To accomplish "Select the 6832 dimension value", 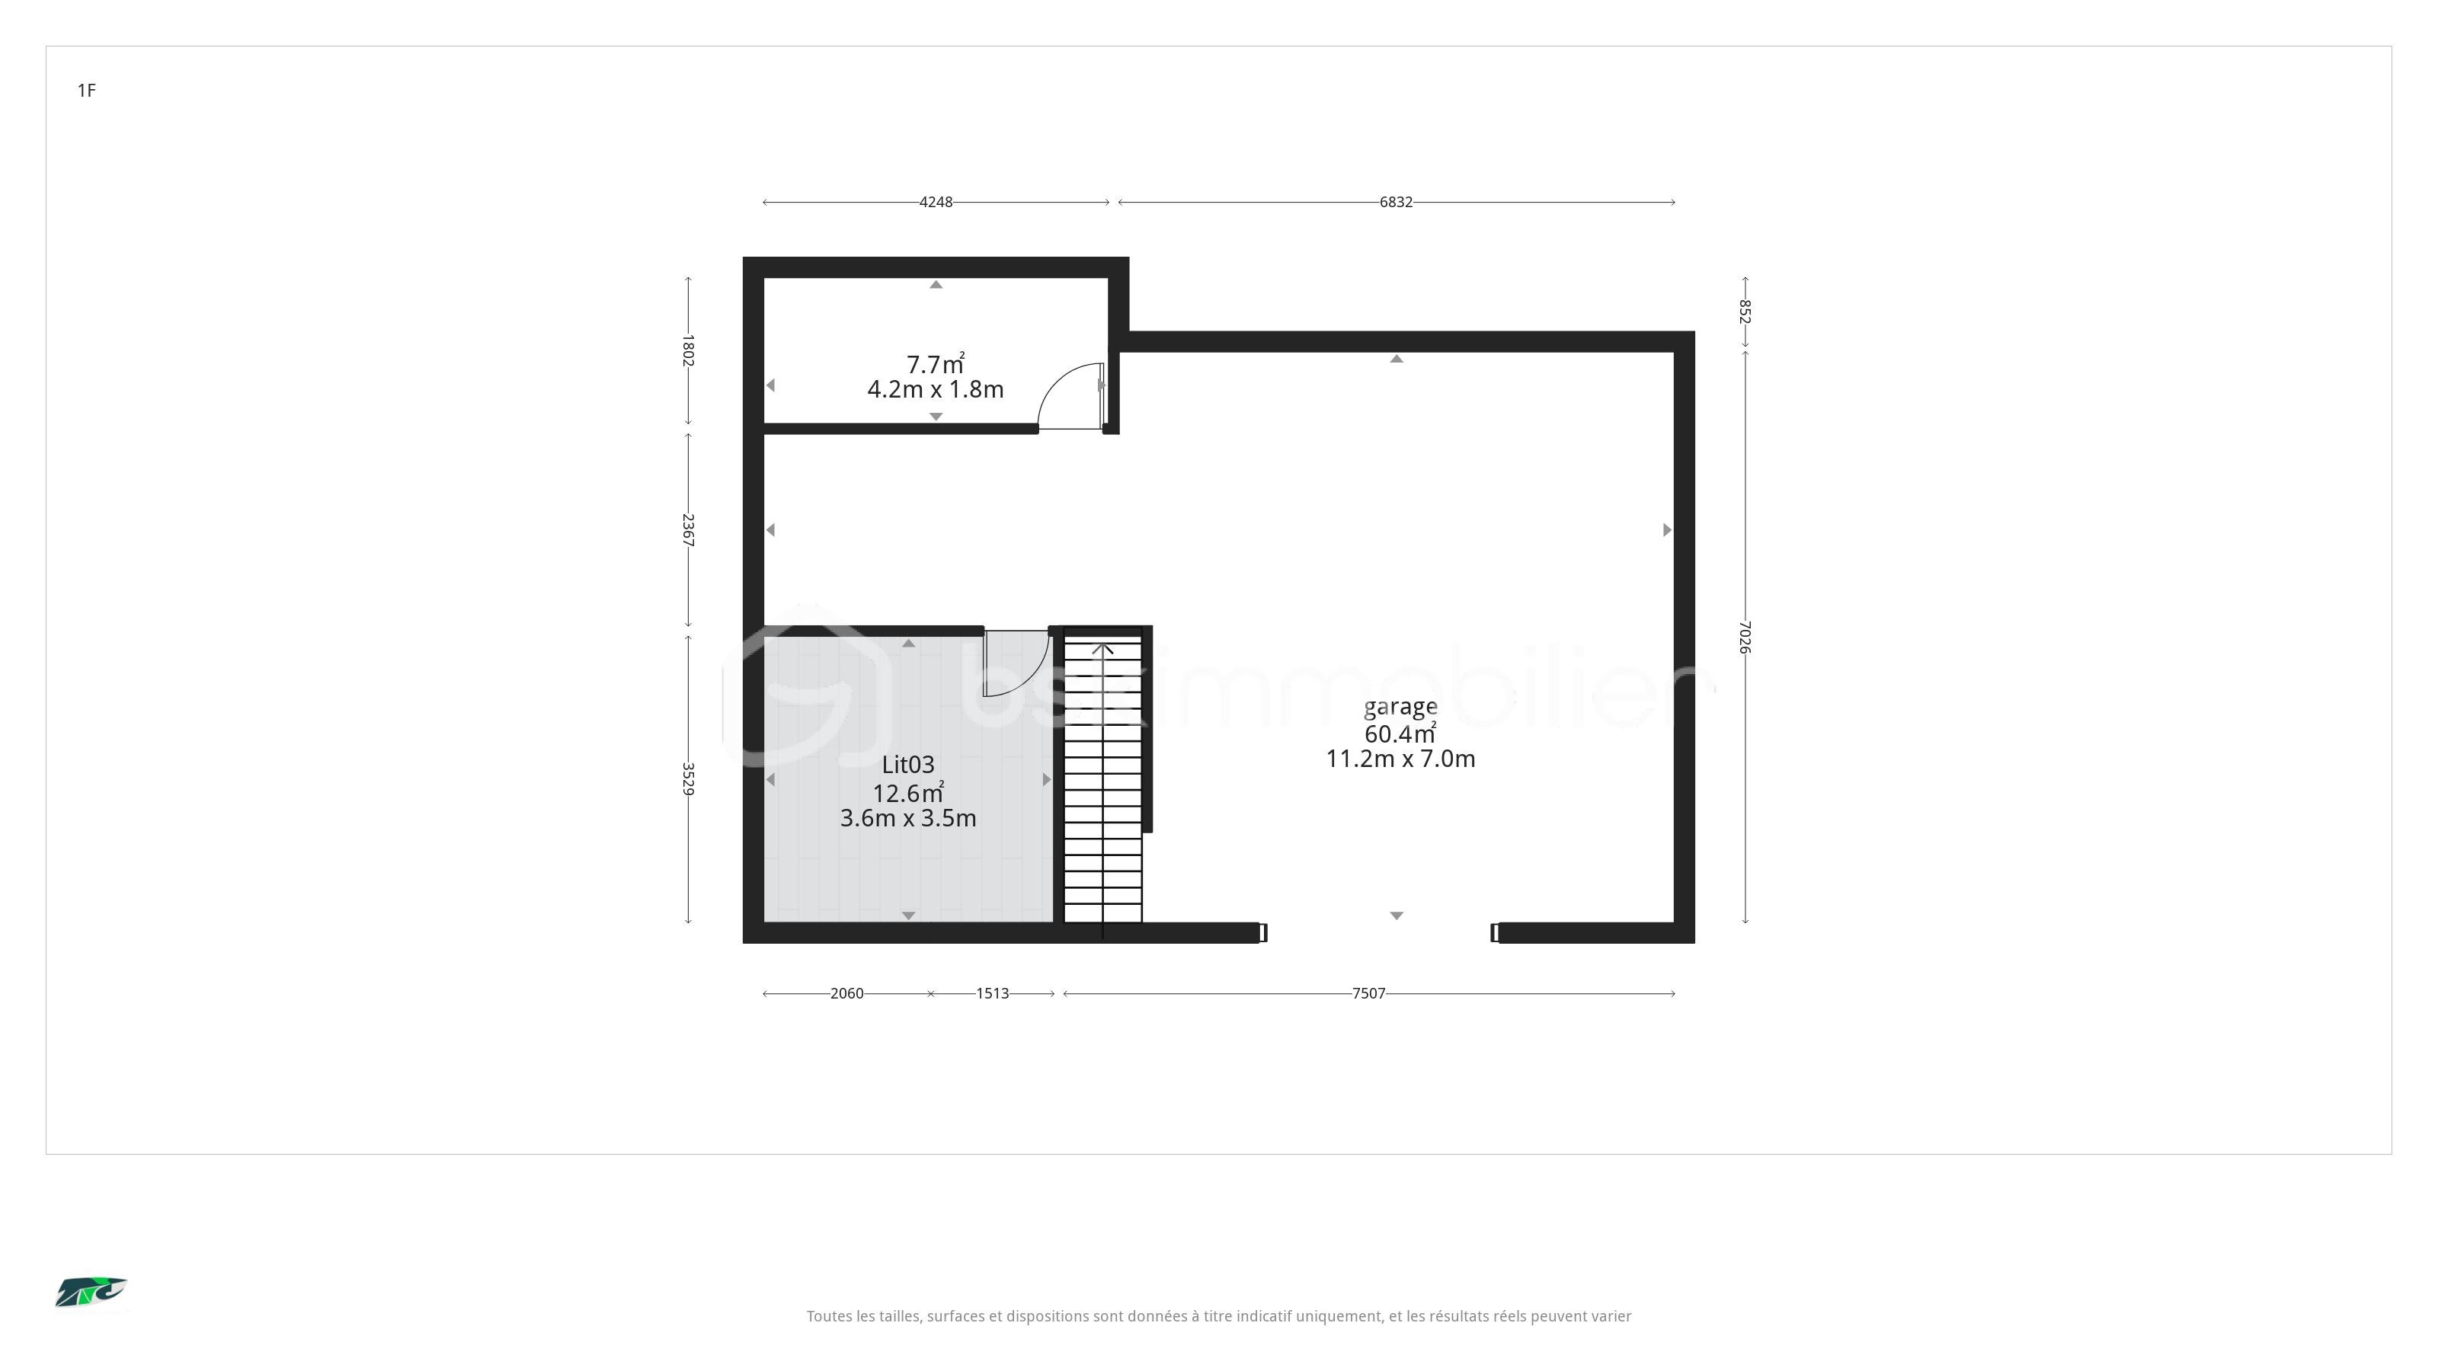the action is (1396, 202).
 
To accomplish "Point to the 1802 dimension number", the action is (688, 350).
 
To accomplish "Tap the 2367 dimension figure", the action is (688, 530).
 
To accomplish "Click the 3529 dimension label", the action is (688, 778).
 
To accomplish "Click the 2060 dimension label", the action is (846, 993).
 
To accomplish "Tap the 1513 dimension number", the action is (992, 993).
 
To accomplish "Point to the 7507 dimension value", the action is (1368, 993).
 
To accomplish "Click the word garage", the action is (1401, 708).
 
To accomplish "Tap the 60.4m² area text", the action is (1401, 733).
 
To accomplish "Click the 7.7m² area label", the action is (935, 363).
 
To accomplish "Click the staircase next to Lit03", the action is (1102, 781).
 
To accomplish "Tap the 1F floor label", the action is (87, 91).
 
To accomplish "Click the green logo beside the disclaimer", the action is (91, 1293).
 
